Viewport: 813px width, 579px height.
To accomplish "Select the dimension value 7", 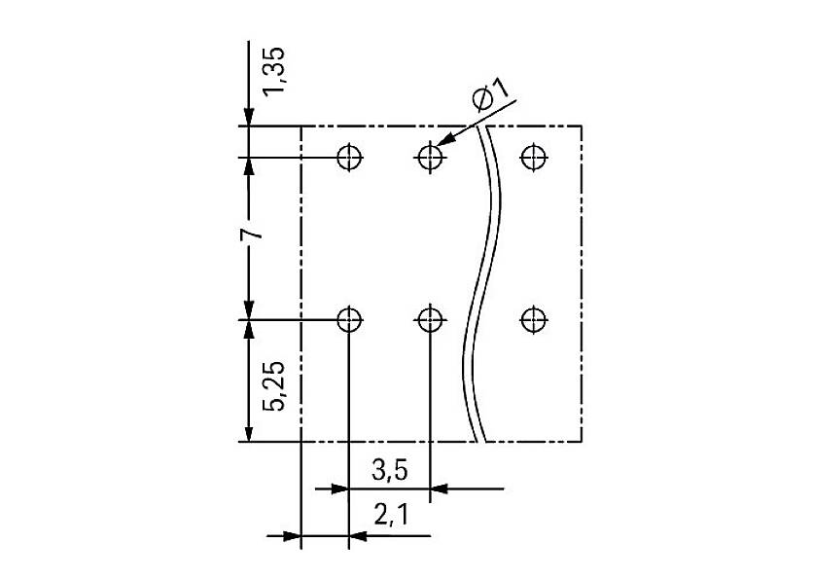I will tap(251, 235).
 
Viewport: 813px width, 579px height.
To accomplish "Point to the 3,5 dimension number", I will tap(389, 470).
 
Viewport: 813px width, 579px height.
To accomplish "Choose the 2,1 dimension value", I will tap(389, 517).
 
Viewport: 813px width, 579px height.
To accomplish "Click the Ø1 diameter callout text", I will tap(490, 97).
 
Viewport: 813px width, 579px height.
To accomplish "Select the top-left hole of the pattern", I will tap(349, 156).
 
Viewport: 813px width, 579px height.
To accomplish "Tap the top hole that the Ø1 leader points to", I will tap(429, 156).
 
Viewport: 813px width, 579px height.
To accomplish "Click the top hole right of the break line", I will tap(531, 156).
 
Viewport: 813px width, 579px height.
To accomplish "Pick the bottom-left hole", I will tap(349, 318).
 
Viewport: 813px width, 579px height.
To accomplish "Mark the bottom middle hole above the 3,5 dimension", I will tap(429, 318).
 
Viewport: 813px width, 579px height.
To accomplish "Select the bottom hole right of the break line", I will tap(531, 318).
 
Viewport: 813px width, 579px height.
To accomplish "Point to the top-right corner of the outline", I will tap(582, 127).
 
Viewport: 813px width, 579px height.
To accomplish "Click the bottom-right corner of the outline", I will tap(582, 441).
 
